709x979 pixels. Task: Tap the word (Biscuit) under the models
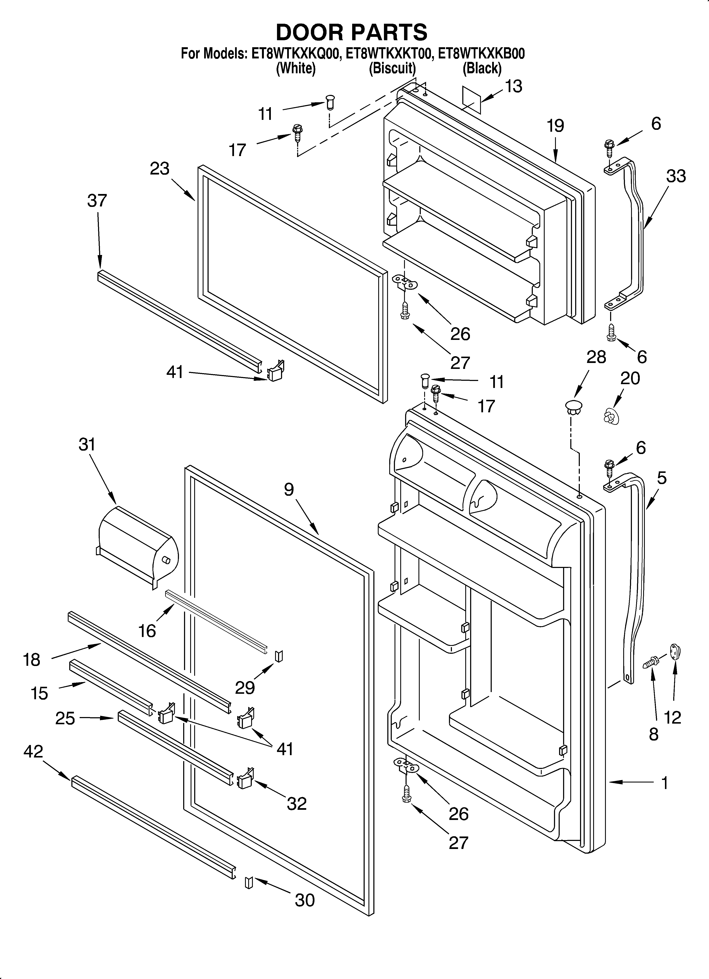(x=392, y=68)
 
